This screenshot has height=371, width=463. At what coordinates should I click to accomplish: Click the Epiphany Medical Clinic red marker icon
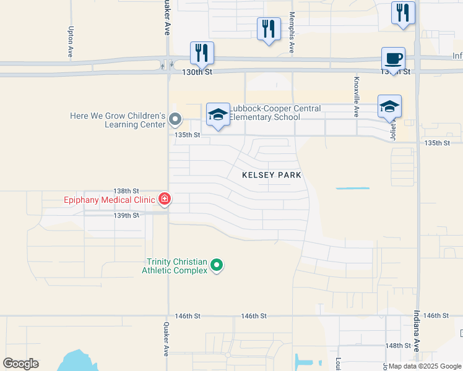point(165,199)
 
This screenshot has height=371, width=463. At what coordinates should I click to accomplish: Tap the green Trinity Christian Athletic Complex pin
point(216,265)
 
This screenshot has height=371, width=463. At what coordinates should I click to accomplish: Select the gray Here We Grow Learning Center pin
point(175,119)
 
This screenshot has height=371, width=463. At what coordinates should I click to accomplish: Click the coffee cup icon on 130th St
point(393,59)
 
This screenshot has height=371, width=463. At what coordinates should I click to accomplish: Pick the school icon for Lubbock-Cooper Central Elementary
point(217,114)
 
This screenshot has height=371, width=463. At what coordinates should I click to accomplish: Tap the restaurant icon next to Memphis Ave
point(268,29)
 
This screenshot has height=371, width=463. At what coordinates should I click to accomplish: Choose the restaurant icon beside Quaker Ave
point(201,53)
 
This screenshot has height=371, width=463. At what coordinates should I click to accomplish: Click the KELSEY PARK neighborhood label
point(271,175)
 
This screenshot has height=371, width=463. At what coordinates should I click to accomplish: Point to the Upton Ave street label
point(72,43)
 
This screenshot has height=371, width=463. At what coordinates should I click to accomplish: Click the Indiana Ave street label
point(417,335)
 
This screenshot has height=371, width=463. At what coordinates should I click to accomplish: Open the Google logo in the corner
point(20,364)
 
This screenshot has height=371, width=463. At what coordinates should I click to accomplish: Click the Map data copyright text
point(425,367)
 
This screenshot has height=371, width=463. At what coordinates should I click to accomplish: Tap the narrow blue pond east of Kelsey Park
point(352,188)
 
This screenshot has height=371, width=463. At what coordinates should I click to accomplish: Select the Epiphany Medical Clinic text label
point(109,200)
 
